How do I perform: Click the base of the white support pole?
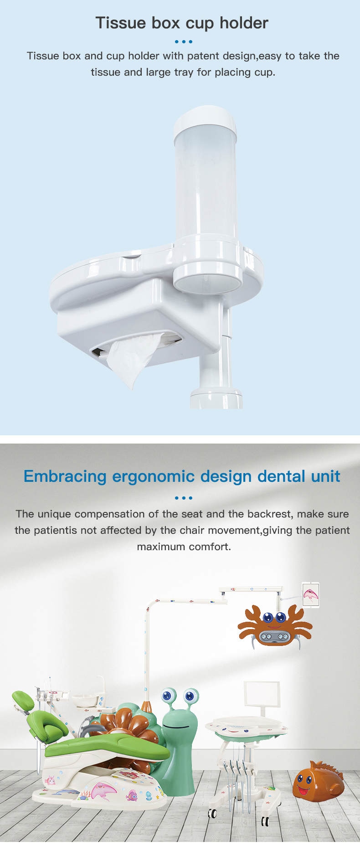(x=216, y=398)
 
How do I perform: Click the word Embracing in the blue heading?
(x=65, y=476)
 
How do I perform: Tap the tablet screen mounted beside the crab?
(x=311, y=594)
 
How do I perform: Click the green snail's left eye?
(x=167, y=696)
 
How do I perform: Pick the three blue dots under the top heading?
(x=184, y=41)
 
